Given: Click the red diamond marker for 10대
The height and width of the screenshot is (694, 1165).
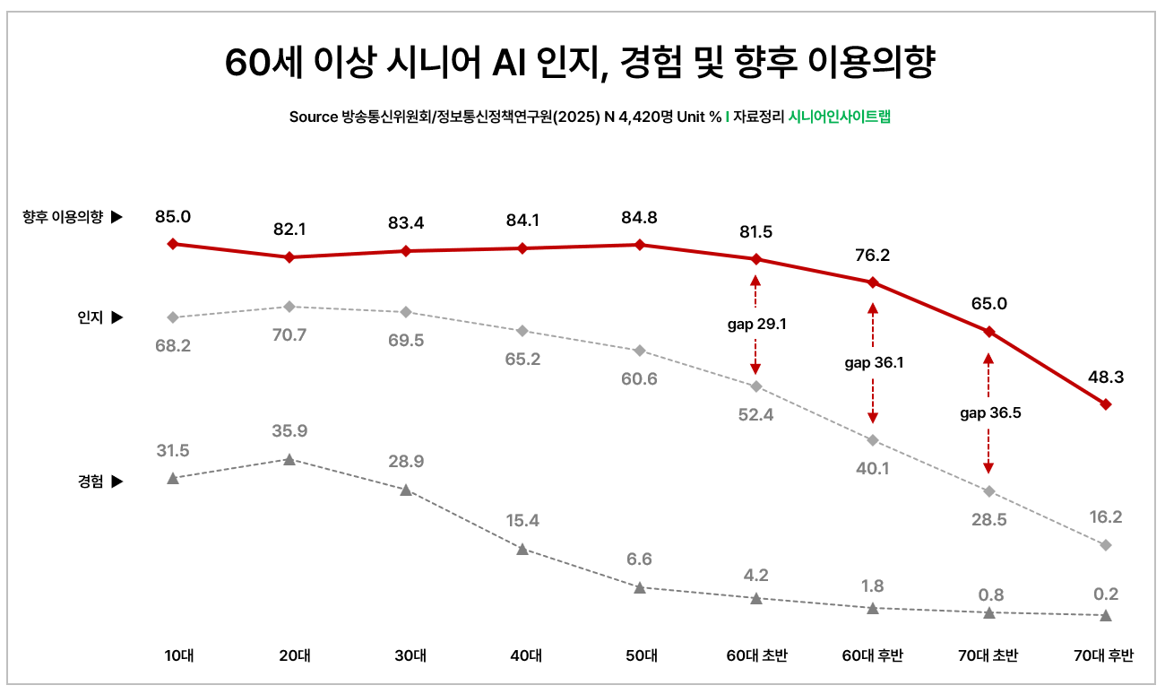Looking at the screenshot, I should point(173,244).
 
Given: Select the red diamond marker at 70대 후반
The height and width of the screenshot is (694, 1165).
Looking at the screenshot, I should point(1105,404).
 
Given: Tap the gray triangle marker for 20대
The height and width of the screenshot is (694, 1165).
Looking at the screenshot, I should point(289,459).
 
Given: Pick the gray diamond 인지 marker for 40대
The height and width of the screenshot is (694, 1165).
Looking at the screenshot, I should point(522,331).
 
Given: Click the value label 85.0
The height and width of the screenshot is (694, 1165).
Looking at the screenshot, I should point(173,216).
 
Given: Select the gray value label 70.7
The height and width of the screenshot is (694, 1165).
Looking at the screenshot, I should point(289,335).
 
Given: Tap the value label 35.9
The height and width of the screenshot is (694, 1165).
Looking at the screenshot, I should point(289,430).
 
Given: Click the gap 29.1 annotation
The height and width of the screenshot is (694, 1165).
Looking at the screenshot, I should point(756,325).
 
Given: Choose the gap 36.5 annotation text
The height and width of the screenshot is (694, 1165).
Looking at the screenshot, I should point(990,413).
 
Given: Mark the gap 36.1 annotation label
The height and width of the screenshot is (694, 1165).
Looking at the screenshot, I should point(874,363).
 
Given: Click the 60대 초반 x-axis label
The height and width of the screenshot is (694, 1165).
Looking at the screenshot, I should point(756,656).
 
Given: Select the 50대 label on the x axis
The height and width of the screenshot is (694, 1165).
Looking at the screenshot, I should point(639,656).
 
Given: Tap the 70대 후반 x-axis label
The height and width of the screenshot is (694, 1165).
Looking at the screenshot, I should point(1104,656).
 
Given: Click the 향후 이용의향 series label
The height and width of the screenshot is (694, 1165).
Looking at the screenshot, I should point(64,216).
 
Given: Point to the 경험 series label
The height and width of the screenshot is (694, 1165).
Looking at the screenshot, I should point(91,481).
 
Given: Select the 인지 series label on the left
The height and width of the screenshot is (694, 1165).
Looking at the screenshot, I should point(91,317).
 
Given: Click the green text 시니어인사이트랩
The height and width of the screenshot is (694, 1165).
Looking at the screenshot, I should point(840,117).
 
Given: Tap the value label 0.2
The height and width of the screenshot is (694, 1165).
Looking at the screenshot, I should point(1105,594).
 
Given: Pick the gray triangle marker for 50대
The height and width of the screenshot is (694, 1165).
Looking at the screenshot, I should point(639,588).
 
